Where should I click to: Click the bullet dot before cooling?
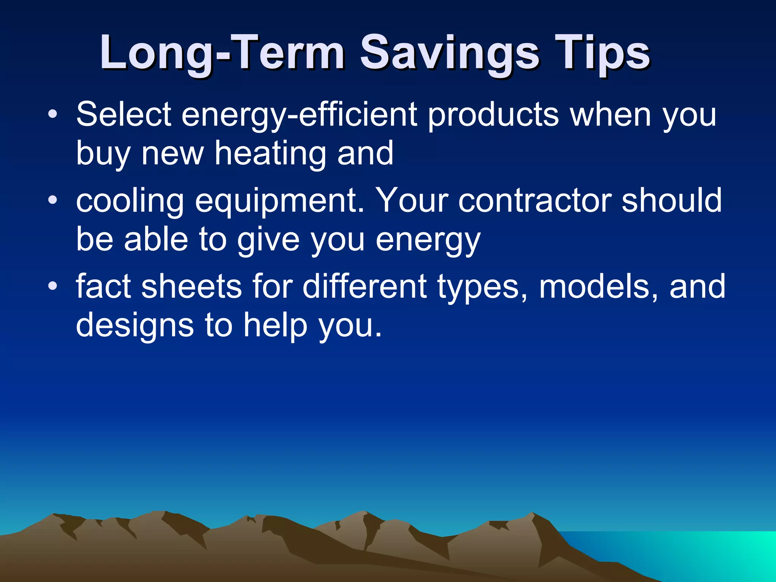pos(53,200)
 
